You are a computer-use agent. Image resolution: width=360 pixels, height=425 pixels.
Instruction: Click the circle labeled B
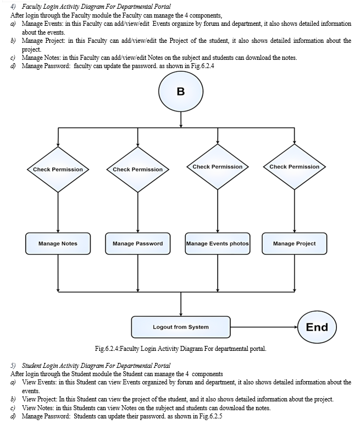coord(181,91)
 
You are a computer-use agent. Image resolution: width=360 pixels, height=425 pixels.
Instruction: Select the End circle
coord(317,327)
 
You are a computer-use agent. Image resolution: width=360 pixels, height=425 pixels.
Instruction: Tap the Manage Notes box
coord(58,243)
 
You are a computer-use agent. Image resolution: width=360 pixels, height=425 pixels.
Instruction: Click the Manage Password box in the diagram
coord(138,243)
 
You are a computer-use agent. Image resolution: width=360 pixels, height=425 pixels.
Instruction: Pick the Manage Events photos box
coord(218,243)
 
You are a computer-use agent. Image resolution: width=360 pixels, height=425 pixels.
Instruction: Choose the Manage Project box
coord(295,243)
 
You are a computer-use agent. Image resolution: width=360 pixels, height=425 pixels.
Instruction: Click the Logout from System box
coord(181,327)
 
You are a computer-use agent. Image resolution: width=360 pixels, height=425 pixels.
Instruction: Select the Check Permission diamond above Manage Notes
coord(58,170)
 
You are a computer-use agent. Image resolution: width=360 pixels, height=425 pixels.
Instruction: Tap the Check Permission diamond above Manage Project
coord(295,167)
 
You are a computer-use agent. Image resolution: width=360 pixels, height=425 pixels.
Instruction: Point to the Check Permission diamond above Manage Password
coord(138,170)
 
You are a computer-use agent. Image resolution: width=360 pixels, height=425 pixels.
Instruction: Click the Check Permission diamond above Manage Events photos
coord(218,167)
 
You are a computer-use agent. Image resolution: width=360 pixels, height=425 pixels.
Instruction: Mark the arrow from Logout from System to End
coord(264,327)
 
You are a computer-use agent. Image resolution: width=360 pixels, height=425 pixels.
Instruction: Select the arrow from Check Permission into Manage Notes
coord(58,213)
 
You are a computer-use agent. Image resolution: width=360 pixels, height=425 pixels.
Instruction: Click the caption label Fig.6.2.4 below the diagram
coord(107,349)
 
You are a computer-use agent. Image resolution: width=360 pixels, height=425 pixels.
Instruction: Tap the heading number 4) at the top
coord(13,7)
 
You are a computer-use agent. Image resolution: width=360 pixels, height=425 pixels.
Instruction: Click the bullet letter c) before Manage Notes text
coord(13,58)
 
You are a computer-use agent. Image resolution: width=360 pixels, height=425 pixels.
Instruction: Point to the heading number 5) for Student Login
coord(13,366)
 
